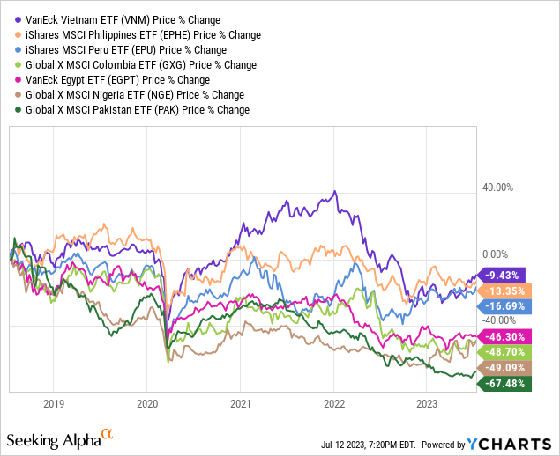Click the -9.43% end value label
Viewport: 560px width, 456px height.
point(501,275)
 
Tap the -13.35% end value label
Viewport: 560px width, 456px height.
point(501,291)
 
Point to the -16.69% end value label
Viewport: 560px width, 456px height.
point(501,306)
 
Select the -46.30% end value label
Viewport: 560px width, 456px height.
point(501,336)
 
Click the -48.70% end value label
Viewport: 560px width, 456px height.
point(501,352)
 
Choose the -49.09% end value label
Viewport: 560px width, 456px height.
point(501,368)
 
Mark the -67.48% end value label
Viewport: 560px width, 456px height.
point(501,384)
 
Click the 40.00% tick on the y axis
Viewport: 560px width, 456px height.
point(497,188)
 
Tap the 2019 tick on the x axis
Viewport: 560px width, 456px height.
point(54,404)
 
